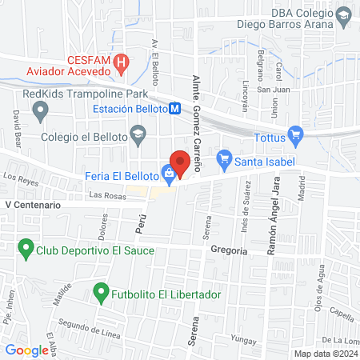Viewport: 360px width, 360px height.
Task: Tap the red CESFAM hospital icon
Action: pyautogui.click(x=122, y=61)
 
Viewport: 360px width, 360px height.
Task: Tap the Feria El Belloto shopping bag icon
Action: pyautogui.click(x=168, y=172)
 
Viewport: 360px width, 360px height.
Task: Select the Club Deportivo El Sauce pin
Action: pyautogui.click(x=26, y=250)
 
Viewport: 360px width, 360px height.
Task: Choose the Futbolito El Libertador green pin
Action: pyautogui.click(x=100, y=294)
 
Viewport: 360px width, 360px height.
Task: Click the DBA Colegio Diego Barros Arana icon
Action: pyautogui.click(x=342, y=15)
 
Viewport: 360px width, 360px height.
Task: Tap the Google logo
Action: pyautogui.click(x=26, y=350)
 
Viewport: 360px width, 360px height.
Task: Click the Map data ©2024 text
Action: pyautogui.click(x=325, y=354)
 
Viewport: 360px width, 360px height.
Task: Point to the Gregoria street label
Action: pyautogui.click(x=230, y=250)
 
